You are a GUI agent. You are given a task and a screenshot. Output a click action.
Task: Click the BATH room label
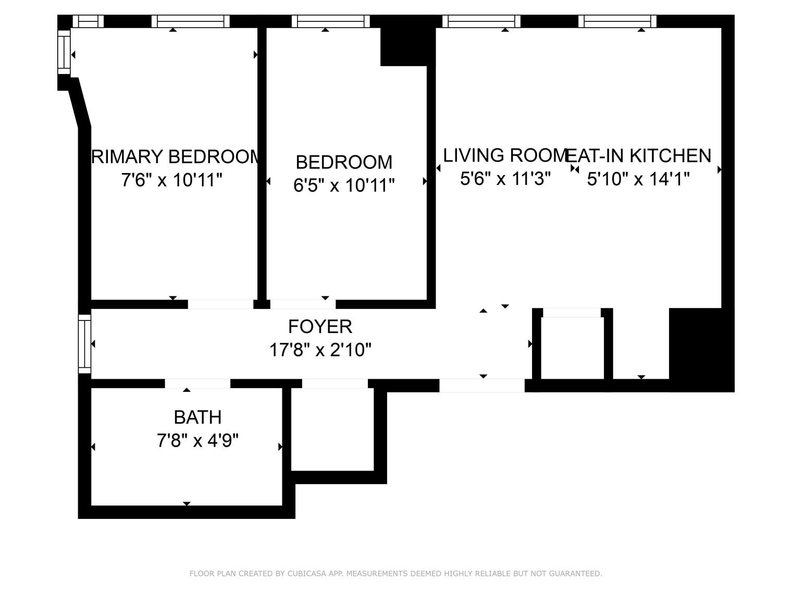pos(197,417)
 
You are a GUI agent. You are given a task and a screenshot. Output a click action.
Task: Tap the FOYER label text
pos(320,327)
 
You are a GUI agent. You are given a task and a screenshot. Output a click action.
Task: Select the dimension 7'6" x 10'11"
pos(172,180)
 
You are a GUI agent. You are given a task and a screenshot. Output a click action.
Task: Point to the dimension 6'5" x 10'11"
pos(344,185)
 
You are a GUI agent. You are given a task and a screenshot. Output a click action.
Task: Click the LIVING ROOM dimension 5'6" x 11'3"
pos(505,179)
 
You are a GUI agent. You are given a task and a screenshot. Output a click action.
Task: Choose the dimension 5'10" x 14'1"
pos(638,179)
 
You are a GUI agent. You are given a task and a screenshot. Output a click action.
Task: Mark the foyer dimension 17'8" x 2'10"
pos(320,350)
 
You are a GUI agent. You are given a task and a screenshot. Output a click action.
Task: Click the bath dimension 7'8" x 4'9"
pos(197,441)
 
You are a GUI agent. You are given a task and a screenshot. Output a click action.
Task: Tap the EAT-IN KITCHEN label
pos(639,156)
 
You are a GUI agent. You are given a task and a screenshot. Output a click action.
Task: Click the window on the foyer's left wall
pos(84,343)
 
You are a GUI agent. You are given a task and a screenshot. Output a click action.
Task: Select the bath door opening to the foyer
pos(197,383)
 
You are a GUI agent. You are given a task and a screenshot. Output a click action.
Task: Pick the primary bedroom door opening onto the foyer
pos(220,304)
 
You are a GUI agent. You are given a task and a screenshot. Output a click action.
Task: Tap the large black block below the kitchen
pos(701,349)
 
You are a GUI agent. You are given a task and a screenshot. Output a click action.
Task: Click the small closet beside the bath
pos(332,429)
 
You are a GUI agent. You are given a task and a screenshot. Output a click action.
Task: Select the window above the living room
pos(481,21)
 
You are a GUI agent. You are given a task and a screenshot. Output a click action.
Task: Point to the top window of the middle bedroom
pos(330,21)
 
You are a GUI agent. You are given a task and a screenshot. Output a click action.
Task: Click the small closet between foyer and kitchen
pos(572,348)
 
